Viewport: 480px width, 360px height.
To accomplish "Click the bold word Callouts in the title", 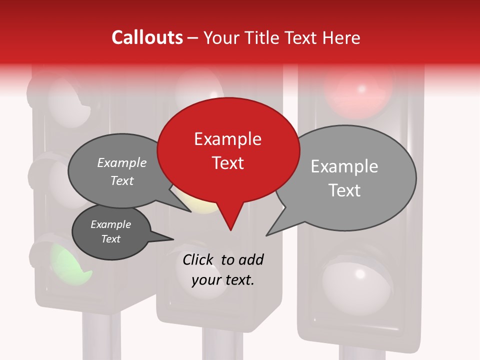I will click(147, 37).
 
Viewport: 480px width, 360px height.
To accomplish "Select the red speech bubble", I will click(228, 150).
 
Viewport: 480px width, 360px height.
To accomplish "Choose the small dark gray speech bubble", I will click(111, 231).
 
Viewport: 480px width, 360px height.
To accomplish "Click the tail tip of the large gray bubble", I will click(267, 235).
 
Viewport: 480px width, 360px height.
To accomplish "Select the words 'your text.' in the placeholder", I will click(222, 280).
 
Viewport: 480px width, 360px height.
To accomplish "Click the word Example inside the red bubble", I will click(227, 139).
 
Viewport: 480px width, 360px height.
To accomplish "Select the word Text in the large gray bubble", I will click(344, 190).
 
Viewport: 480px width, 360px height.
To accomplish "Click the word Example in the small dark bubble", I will click(111, 224).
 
